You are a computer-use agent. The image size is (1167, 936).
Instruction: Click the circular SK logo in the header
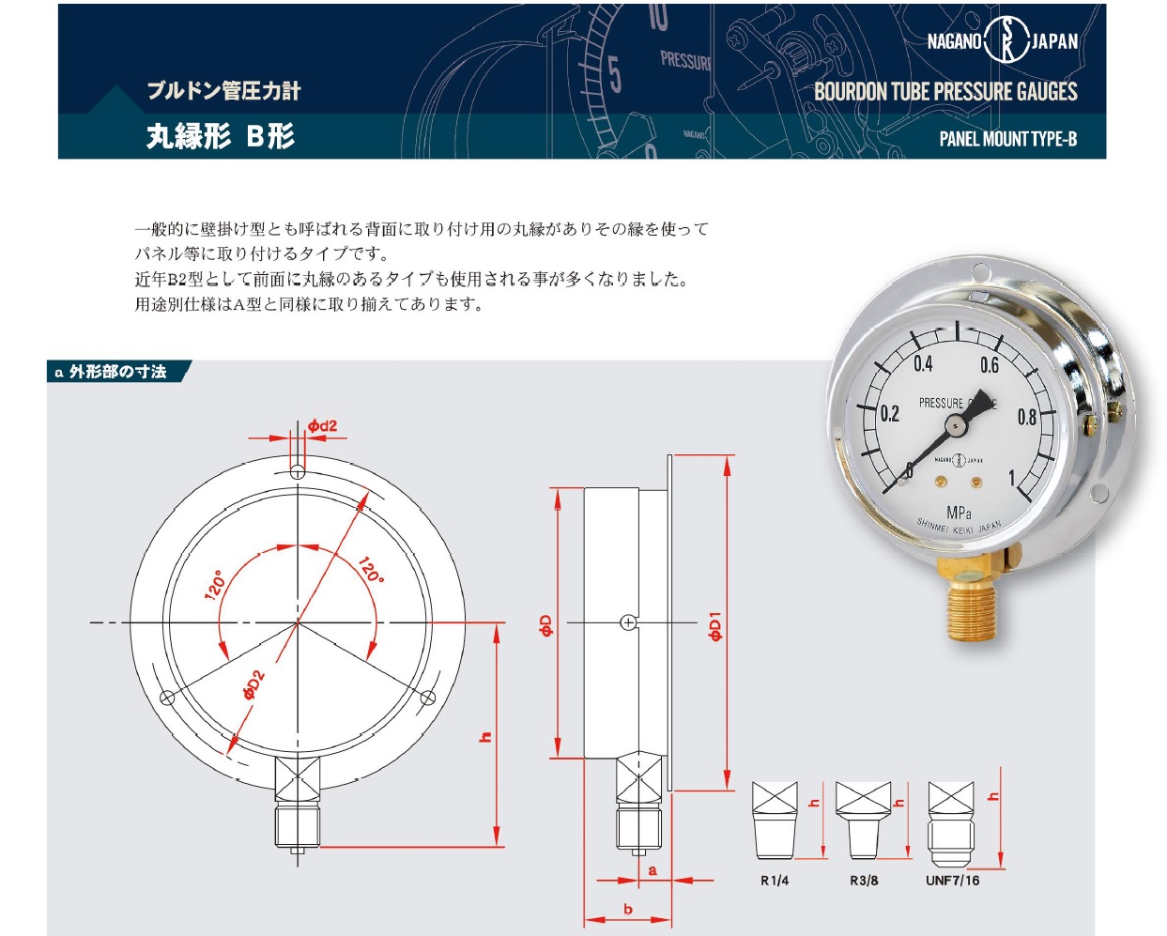pyautogui.click(x=1006, y=39)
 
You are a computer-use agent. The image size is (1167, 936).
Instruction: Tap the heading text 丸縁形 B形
pyautogui.click(x=221, y=135)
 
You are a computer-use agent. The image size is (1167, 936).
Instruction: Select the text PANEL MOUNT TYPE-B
pyautogui.click(x=1008, y=139)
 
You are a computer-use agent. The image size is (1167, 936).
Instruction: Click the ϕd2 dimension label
pyautogui.click(x=322, y=425)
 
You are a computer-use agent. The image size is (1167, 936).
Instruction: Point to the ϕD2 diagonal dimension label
pyautogui.click(x=253, y=684)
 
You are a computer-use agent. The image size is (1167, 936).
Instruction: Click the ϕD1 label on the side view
pyautogui.click(x=715, y=626)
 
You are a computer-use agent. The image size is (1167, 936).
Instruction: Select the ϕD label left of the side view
pyautogui.click(x=546, y=625)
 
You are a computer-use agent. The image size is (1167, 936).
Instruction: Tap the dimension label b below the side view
pyautogui.click(x=628, y=909)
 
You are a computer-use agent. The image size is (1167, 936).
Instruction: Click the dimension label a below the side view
pyautogui.click(x=653, y=870)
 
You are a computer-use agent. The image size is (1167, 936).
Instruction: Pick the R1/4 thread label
pyautogui.click(x=775, y=881)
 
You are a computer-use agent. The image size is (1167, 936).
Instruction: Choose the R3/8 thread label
pyautogui.click(x=864, y=881)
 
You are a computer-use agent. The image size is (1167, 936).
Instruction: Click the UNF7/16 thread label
pyautogui.click(x=952, y=881)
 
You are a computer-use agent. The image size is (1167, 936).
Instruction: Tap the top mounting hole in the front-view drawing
pyautogui.click(x=298, y=472)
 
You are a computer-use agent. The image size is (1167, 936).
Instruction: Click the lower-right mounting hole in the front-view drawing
pyautogui.click(x=428, y=698)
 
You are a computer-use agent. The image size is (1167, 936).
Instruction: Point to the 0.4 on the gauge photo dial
pyautogui.click(x=923, y=364)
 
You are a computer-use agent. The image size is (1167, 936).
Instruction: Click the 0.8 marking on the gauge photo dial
pyautogui.click(x=1026, y=417)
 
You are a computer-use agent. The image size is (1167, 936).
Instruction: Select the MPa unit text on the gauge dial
pyautogui.click(x=959, y=513)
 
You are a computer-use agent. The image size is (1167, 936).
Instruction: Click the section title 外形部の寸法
pyautogui.click(x=117, y=372)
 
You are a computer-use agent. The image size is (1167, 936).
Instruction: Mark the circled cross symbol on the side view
pyautogui.click(x=628, y=622)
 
